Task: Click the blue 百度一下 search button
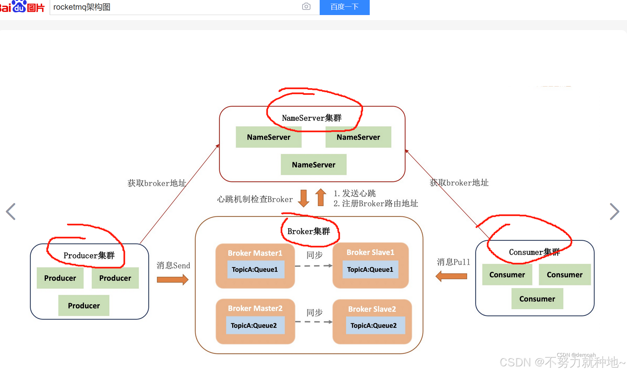coord(344,7)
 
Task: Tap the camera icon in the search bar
coord(306,7)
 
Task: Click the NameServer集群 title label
coord(312,118)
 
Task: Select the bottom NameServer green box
coord(314,165)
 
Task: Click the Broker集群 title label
coord(309,231)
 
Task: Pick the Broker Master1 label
coord(255,253)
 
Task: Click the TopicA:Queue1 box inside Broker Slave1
coord(370,269)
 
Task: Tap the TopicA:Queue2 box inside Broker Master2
coord(254,325)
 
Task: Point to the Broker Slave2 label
coord(372,309)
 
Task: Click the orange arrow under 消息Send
coord(173,279)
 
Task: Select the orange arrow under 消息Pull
coord(451,276)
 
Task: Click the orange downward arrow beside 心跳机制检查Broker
coord(303,198)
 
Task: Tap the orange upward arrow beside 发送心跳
coord(321,197)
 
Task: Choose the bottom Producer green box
coord(84,306)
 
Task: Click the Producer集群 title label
coord(89,255)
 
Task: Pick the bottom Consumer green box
coord(537,299)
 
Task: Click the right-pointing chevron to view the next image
coord(614,212)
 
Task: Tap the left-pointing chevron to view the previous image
coord(11,212)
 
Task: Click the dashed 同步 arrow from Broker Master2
coord(314,322)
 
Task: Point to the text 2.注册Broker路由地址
coord(376,204)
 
